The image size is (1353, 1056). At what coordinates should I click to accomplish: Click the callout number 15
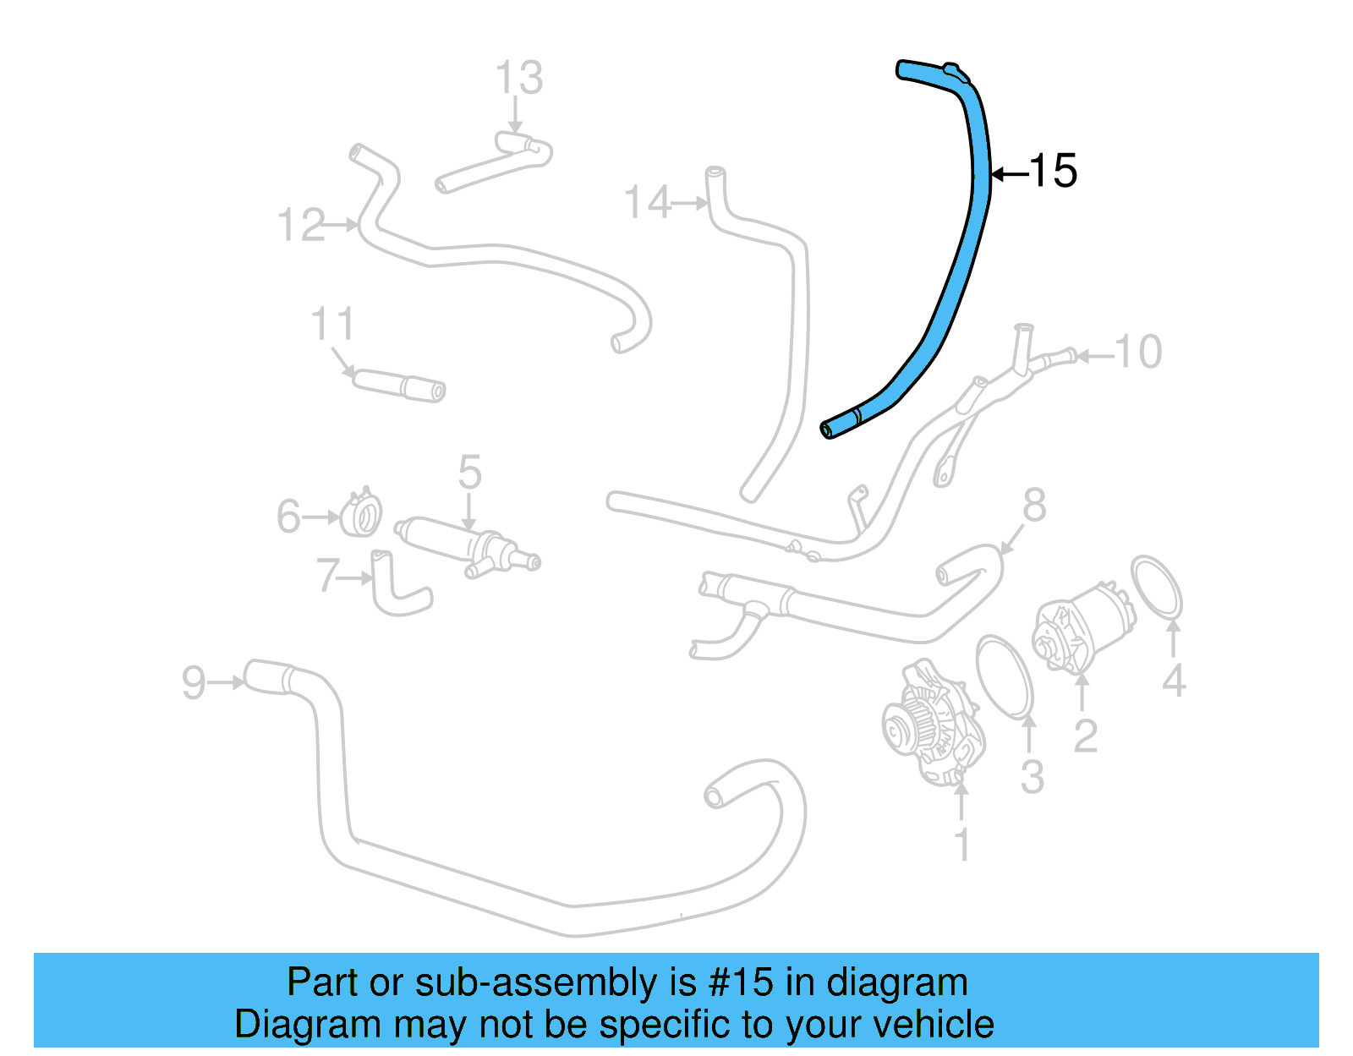(1054, 172)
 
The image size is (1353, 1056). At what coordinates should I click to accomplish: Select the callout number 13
(518, 79)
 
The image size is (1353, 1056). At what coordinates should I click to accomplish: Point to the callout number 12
(301, 226)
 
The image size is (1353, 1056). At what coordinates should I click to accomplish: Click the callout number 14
(647, 203)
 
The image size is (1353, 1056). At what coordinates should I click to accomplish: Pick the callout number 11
(332, 325)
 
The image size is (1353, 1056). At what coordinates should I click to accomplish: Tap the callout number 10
(1138, 352)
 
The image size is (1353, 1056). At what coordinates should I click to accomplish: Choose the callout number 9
(194, 682)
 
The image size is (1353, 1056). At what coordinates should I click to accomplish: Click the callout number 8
(1034, 506)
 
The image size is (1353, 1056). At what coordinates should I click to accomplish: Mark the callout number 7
(327, 576)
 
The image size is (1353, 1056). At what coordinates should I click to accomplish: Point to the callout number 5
(469, 473)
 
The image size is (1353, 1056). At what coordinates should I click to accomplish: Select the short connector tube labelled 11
(398, 385)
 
